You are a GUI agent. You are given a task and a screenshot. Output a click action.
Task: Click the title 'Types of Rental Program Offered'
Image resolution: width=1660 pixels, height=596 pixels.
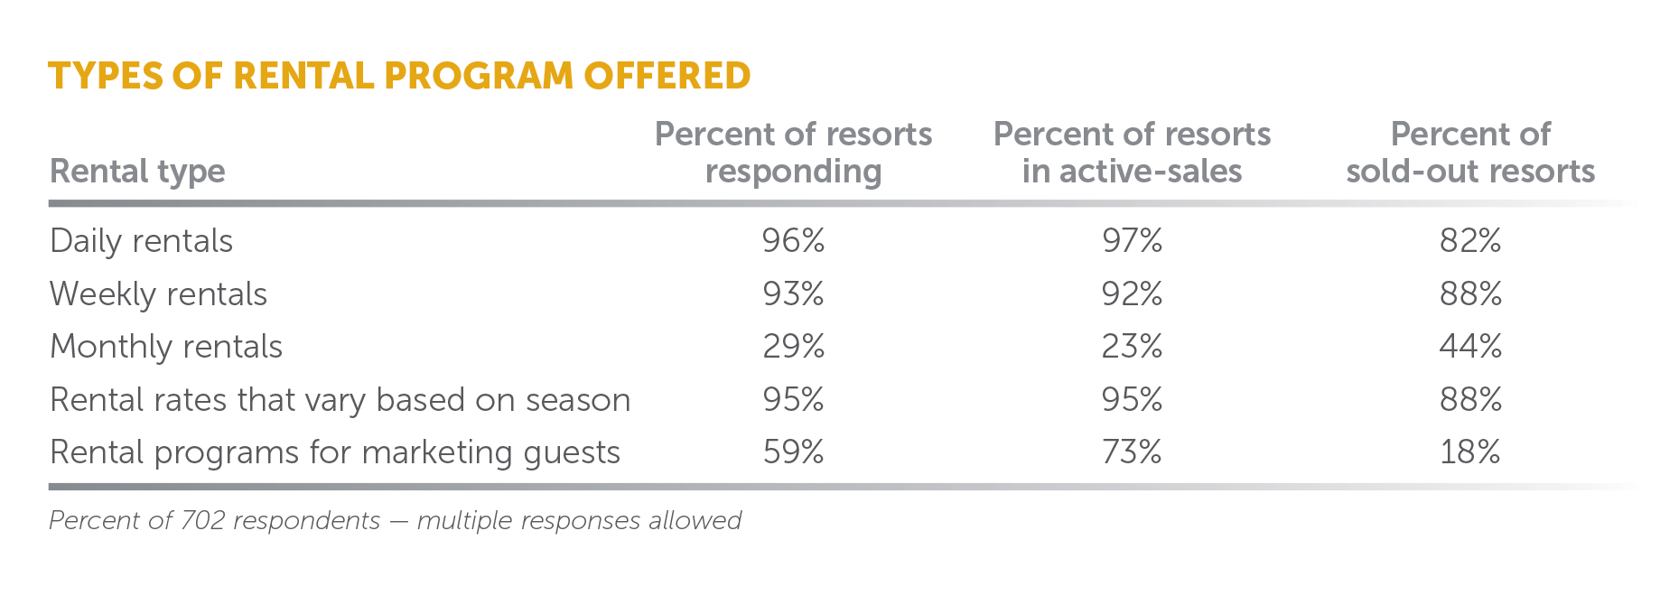(x=399, y=76)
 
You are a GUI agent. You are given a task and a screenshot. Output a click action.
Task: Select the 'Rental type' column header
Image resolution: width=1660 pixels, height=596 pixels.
(x=137, y=171)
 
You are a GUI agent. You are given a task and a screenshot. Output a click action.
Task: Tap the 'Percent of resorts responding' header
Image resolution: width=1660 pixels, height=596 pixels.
(x=793, y=153)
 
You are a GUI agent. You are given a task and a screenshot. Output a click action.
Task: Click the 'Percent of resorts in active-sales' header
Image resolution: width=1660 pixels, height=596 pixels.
(x=1132, y=153)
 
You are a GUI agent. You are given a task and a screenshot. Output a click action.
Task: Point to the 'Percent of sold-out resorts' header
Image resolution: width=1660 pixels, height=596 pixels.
(x=1470, y=153)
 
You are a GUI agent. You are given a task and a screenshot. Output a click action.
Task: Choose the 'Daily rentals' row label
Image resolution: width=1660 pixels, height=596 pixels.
(x=142, y=241)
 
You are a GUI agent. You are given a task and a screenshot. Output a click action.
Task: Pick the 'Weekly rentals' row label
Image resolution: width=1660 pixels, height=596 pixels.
(x=159, y=294)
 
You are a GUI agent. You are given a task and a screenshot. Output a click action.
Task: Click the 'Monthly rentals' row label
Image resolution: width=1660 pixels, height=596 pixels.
(x=166, y=347)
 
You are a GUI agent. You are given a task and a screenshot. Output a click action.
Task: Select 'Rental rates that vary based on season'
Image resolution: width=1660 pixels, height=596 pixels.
(x=340, y=400)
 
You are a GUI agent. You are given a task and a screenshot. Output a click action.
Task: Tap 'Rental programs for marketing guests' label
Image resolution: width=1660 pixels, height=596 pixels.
(x=335, y=452)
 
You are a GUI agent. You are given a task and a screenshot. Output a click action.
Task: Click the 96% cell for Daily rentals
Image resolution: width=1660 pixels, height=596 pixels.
(x=793, y=241)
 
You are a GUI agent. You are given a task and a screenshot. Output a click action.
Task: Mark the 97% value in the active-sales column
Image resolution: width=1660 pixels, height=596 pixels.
(x=1132, y=241)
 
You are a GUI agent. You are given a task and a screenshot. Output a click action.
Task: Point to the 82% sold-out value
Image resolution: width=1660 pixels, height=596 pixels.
(x=1470, y=241)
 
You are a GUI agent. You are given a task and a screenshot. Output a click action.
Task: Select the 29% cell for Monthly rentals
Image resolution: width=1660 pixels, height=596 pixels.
(x=793, y=347)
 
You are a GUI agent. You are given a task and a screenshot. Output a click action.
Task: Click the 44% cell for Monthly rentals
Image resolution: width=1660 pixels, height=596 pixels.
(x=1470, y=347)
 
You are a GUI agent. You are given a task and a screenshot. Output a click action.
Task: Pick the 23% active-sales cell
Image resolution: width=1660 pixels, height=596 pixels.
(x=1132, y=347)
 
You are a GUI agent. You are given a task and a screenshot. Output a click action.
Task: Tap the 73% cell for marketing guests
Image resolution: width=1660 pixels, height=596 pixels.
(x=1132, y=452)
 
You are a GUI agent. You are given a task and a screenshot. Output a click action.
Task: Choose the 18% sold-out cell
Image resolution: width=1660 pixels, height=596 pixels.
(x=1470, y=452)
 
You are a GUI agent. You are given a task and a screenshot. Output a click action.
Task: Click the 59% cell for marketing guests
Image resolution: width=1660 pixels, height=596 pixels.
(x=793, y=452)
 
